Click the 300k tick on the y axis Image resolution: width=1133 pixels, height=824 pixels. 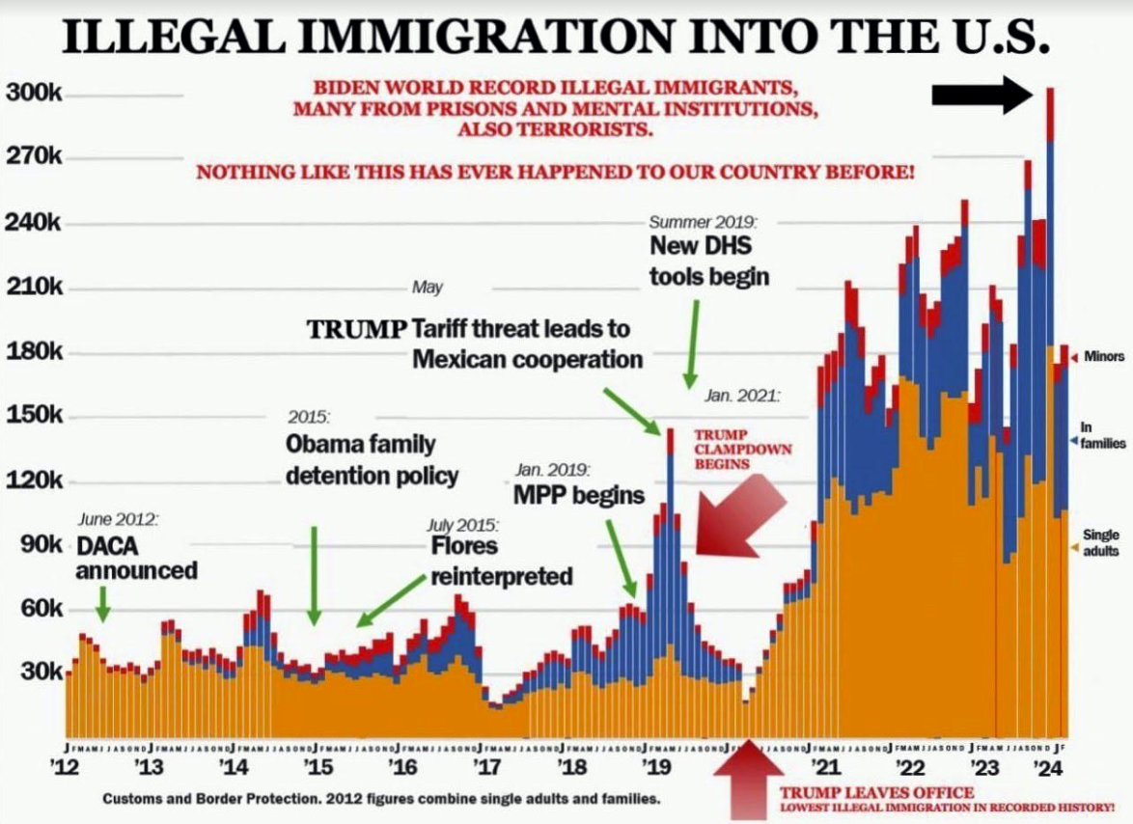pos(35,94)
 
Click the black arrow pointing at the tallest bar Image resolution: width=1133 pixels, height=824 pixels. pos(982,95)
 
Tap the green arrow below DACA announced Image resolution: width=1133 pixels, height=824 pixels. pos(103,606)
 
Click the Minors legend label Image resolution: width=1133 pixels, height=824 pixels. pos(1103,357)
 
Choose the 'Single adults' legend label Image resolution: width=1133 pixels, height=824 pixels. pos(1101,542)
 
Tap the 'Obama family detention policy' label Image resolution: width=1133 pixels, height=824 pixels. pos(372,459)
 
